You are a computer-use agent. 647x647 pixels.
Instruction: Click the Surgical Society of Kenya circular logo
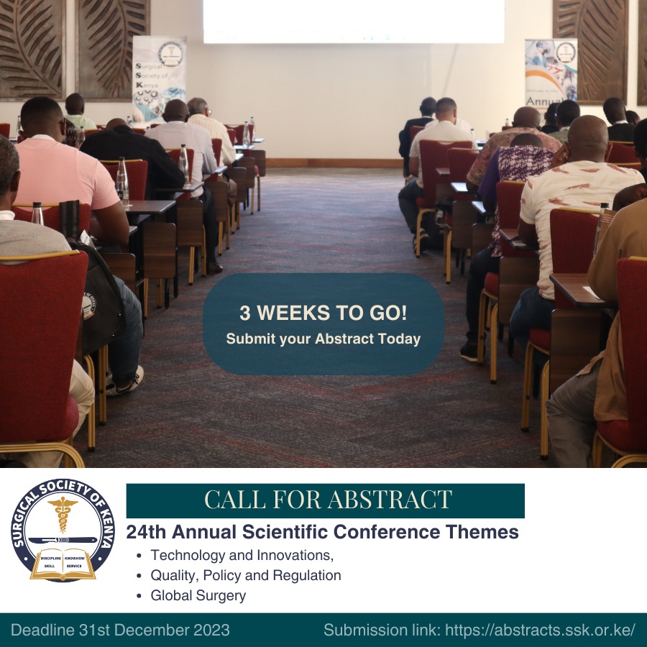63,530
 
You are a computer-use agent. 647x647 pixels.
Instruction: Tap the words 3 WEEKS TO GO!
323,313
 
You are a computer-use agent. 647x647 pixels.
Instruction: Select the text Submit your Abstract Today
323,339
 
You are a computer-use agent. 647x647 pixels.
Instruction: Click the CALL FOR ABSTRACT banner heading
327,500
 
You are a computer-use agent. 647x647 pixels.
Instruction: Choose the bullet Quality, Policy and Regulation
245,575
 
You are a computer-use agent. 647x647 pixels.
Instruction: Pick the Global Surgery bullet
198,595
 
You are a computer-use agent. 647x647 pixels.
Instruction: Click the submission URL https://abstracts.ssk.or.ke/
540,630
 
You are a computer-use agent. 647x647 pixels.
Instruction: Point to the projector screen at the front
353,20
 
